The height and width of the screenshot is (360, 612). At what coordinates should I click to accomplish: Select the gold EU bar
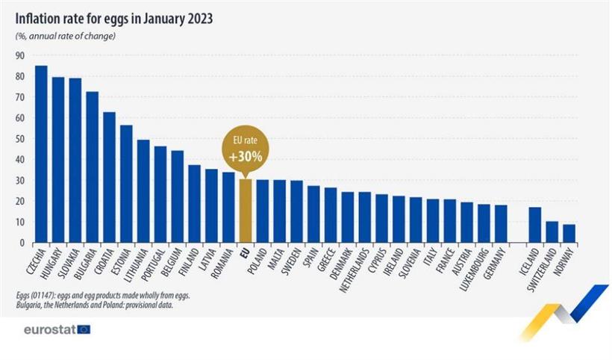(246, 211)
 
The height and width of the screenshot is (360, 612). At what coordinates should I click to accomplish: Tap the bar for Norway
(569, 234)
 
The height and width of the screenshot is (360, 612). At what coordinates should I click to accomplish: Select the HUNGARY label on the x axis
(54, 265)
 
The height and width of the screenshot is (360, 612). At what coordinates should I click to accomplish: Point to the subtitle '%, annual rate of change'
(66, 36)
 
